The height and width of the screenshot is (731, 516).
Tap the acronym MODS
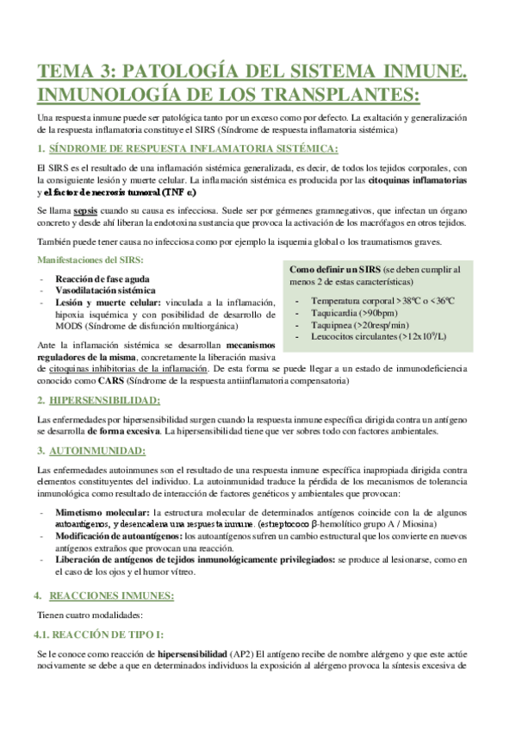[72, 328]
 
